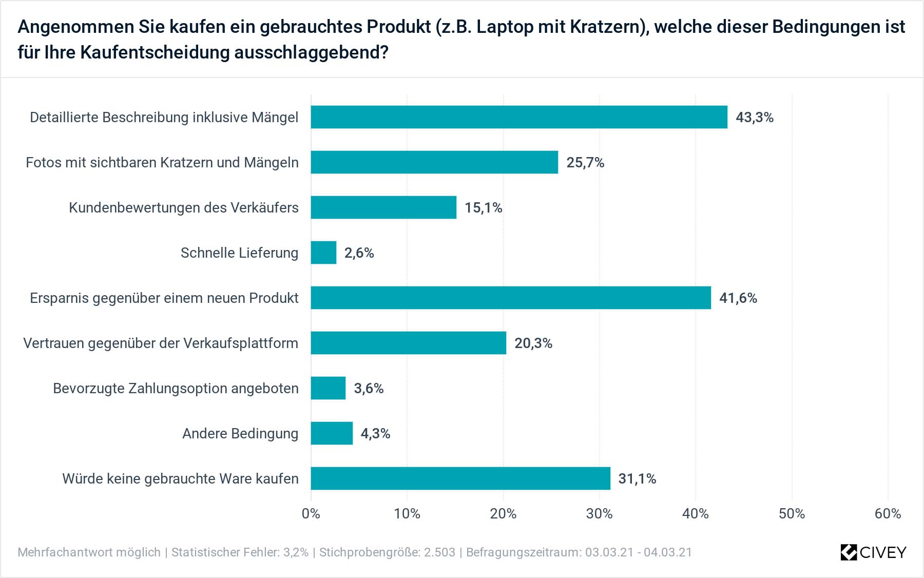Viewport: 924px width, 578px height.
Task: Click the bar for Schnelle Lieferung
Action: coord(323,253)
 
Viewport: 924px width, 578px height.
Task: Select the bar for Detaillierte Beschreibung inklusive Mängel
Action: coord(518,117)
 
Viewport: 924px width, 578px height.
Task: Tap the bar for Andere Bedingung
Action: coord(332,433)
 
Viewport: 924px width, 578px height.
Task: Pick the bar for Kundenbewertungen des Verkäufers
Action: coord(383,207)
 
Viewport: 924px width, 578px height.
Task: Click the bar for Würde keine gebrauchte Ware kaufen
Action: coord(460,478)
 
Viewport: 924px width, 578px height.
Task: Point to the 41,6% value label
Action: coord(738,298)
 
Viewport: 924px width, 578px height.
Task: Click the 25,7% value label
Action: coord(585,163)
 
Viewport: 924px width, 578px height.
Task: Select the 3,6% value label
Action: coord(369,389)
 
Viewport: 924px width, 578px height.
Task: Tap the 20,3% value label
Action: coord(533,343)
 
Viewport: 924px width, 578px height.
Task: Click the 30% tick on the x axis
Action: coord(599,514)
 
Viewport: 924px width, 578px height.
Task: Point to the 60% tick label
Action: coord(888,514)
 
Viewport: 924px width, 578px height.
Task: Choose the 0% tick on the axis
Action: coord(311,514)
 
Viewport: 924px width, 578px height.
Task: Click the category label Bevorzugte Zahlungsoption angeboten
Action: coord(176,389)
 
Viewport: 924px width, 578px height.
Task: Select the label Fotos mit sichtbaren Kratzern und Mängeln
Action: coord(162,163)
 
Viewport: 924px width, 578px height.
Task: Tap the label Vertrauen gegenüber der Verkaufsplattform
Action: coord(161,343)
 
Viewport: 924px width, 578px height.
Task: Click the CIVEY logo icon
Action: coord(849,552)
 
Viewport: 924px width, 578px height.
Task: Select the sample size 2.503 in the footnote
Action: coord(439,552)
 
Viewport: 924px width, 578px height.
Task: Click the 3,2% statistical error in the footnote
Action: coord(296,552)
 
